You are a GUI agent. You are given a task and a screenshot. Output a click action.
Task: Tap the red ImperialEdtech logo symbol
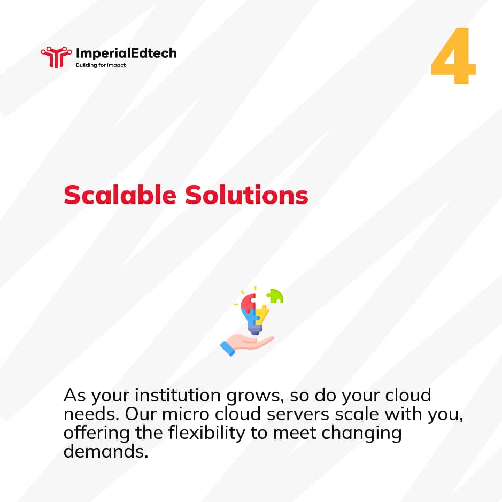tap(56, 56)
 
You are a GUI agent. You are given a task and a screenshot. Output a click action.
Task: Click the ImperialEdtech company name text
tap(126, 53)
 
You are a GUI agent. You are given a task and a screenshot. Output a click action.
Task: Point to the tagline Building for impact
tap(101, 65)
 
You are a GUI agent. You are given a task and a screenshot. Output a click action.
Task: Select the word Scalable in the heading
tap(120, 196)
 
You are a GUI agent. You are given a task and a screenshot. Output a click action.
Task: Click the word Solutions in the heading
tap(246, 196)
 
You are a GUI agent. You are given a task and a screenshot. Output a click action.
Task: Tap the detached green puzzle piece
tap(275, 296)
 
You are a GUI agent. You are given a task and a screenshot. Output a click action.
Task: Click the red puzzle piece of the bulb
tap(248, 303)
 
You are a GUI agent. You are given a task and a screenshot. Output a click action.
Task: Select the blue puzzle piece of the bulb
tap(250, 318)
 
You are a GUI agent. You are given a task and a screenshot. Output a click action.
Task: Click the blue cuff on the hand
tap(228, 348)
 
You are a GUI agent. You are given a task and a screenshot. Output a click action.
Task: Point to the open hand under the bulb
tap(254, 342)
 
